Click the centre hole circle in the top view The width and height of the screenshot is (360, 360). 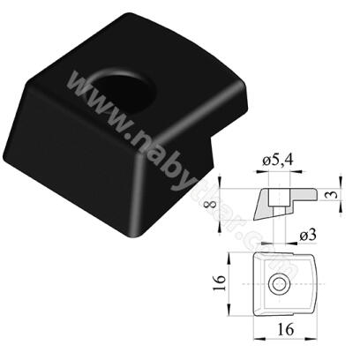280,283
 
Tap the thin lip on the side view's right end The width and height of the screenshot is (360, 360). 311,195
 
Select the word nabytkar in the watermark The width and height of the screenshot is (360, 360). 190,168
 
